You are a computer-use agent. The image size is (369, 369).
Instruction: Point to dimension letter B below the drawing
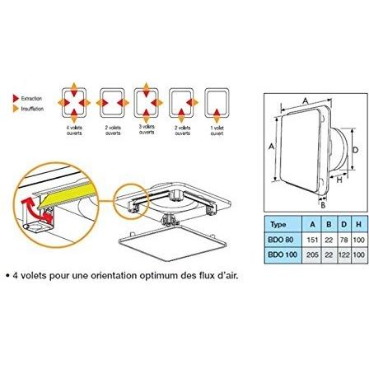pyautogui.click(x=322, y=205)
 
